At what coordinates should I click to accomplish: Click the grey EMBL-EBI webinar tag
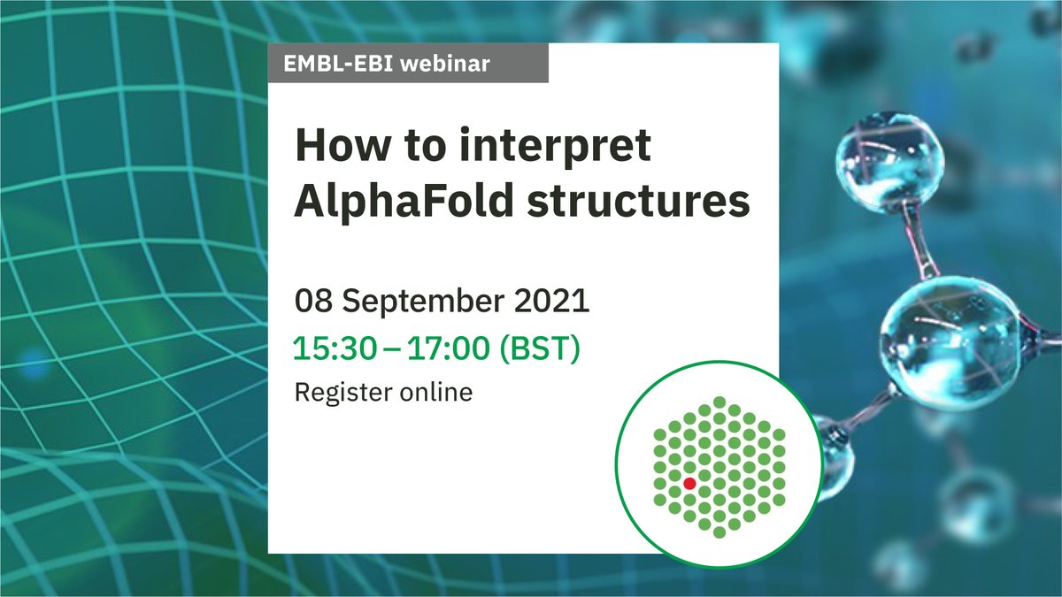tap(408, 64)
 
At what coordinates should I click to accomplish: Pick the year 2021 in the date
tap(553, 301)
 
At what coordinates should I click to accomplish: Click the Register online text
tap(383, 392)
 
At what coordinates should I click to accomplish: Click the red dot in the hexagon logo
tap(689, 484)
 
